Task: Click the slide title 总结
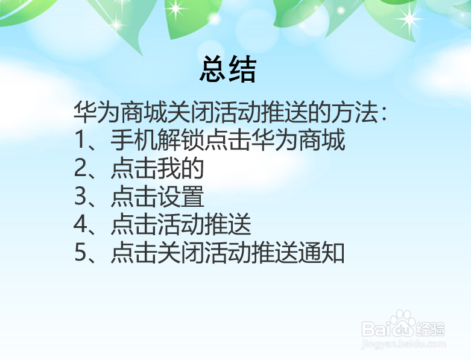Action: pyautogui.click(x=228, y=70)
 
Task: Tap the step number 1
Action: pyautogui.click(x=80, y=141)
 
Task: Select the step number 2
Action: pyautogui.click(x=81, y=169)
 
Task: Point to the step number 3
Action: pyautogui.click(x=81, y=197)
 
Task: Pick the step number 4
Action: pyautogui.click(x=81, y=226)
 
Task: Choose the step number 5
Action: pyautogui.click(x=81, y=254)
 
